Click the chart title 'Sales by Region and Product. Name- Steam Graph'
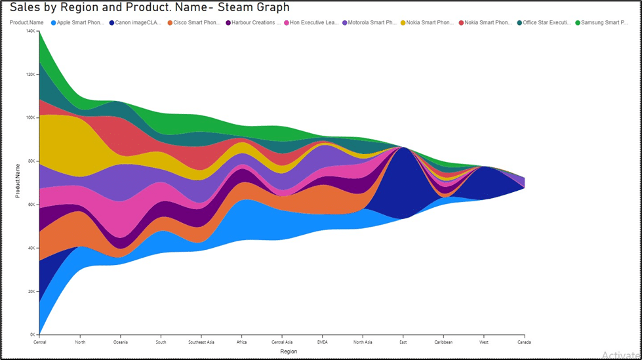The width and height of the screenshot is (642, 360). click(150, 8)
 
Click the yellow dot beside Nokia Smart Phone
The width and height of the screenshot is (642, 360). click(403, 22)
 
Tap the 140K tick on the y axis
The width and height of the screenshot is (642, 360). click(30, 31)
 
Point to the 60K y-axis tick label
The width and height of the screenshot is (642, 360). click(30, 205)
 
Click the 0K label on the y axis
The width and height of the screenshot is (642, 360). click(31, 334)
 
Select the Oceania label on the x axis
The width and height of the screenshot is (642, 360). click(121, 342)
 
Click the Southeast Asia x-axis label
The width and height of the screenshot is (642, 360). click(201, 342)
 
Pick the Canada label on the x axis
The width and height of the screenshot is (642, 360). click(523, 342)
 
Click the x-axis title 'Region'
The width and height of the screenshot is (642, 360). click(279, 352)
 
